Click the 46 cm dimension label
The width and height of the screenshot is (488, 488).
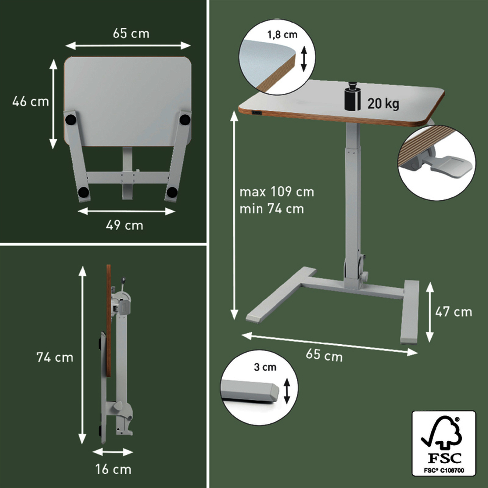point(30,102)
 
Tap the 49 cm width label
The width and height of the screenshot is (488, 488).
point(124,225)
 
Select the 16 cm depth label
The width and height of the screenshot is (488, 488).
point(113,469)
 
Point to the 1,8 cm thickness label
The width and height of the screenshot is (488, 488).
point(282,35)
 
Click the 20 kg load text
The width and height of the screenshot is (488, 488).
point(383,104)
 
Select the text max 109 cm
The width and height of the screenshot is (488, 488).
point(277,192)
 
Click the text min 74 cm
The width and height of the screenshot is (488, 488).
point(272,209)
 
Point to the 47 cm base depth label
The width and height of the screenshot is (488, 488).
point(454,312)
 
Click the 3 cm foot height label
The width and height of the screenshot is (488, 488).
point(265,367)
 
